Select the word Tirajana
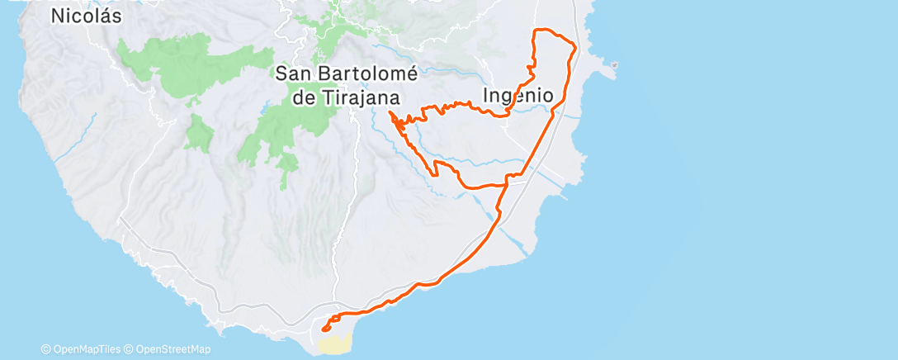click(x=366, y=97)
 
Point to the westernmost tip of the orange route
click(x=388, y=110)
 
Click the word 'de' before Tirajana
click(x=304, y=97)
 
